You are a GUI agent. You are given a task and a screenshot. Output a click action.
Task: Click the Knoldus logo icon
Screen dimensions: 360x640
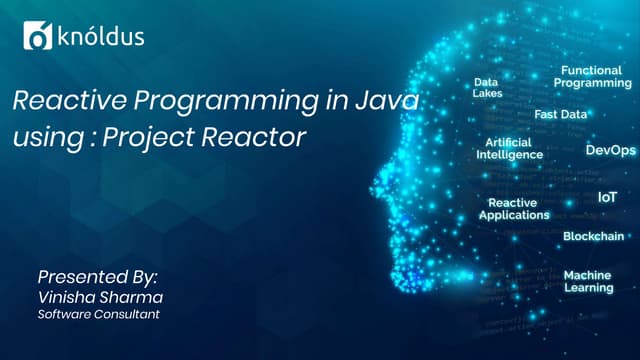click(37, 38)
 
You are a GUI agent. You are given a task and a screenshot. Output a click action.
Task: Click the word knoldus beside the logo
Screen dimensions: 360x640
click(99, 38)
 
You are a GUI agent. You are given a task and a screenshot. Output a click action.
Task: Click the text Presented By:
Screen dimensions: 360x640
click(97, 275)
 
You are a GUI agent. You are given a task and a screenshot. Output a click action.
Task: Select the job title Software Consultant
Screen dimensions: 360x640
click(98, 315)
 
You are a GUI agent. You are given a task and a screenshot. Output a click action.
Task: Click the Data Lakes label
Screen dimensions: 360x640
click(487, 88)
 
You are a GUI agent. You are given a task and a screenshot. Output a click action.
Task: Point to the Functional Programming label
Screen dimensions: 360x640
click(596, 77)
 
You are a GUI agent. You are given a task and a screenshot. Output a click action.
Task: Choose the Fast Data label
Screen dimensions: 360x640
click(561, 115)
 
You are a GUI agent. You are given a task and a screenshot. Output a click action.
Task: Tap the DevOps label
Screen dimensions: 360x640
click(610, 150)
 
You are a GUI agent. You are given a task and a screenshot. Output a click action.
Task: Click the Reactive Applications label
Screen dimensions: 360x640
click(514, 209)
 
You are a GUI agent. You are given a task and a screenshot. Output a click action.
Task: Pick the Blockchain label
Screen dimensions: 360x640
click(594, 237)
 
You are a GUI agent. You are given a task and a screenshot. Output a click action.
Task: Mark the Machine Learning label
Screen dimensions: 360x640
click(588, 281)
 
